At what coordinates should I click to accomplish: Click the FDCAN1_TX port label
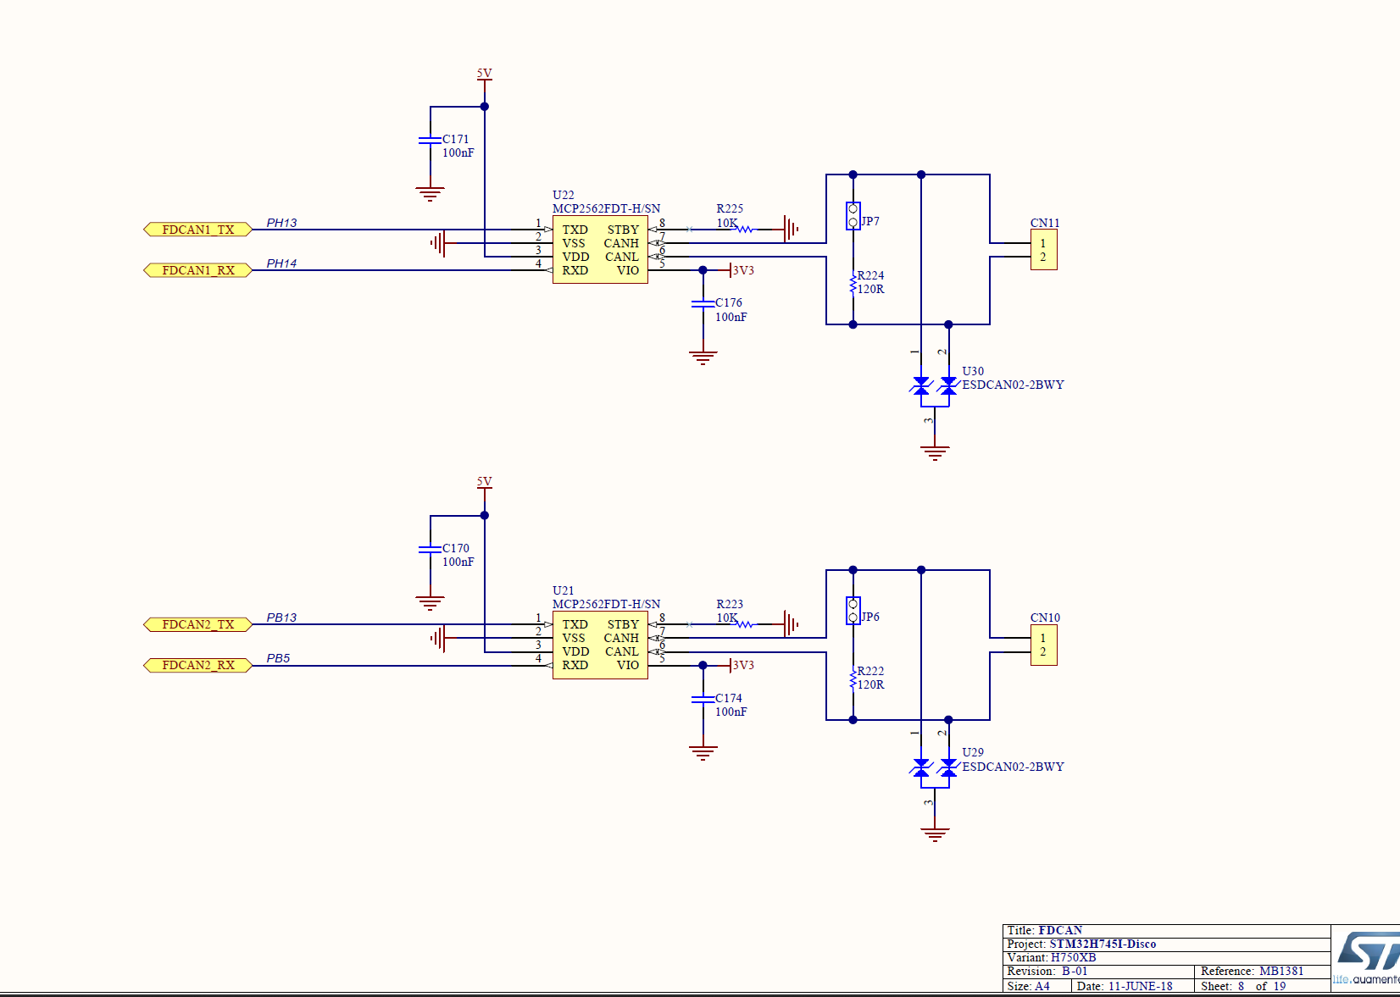pos(197,230)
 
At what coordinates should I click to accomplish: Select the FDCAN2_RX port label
pos(197,665)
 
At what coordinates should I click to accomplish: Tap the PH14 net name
pos(281,263)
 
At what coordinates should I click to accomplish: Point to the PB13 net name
pos(281,618)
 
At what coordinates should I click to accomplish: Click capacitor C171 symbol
pos(430,140)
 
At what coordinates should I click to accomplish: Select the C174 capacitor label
pos(728,698)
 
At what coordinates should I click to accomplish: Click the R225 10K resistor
pos(744,229)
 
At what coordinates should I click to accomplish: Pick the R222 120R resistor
pos(853,679)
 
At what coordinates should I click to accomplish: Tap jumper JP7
pos(853,216)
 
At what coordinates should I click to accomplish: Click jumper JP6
pos(853,611)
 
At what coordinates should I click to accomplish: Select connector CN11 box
pos(1043,250)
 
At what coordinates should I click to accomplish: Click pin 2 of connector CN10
pos(1042,651)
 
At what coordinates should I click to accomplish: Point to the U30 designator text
pos(973,371)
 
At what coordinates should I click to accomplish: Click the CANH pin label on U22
pos(621,243)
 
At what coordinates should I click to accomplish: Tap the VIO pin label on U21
pos(628,665)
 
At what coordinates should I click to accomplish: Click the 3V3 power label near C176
pos(742,270)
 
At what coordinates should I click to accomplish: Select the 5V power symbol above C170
pos(484,484)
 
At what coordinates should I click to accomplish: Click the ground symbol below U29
pos(935,834)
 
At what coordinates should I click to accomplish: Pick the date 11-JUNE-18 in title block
pos(1140,986)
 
